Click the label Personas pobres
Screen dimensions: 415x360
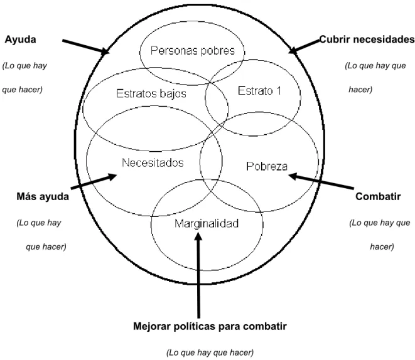pos(192,50)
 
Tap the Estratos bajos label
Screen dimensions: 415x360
pos(151,93)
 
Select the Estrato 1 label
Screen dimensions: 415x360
pos(259,91)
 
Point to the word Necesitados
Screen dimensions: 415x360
pos(153,162)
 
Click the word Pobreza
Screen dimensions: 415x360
pos(267,166)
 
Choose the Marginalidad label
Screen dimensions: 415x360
pos(207,223)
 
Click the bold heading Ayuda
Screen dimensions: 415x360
pos(20,40)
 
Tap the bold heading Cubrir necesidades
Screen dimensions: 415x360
pos(367,40)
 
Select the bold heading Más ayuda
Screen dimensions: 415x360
pos(43,197)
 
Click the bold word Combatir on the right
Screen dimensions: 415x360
pos(378,196)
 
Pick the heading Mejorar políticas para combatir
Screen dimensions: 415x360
pos(210,326)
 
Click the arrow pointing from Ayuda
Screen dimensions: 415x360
pos(86,47)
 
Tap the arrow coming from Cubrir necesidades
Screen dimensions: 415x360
pos(304,46)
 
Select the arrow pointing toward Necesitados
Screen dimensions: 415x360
pos(94,181)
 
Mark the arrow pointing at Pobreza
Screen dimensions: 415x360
pos(321,181)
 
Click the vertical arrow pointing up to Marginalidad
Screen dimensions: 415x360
pos(198,275)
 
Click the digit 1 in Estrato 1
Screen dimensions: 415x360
pos(278,91)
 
